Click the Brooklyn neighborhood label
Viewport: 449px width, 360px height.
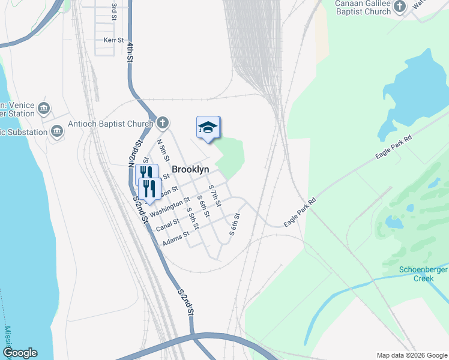click(190, 170)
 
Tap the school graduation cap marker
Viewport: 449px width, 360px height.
click(208, 128)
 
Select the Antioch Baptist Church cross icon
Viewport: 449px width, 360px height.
click(162, 124)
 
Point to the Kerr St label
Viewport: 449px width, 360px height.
click(113, 40)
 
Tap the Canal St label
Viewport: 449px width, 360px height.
click(167, 225)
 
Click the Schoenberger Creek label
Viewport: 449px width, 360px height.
click(424, 274)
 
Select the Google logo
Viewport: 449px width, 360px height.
click(20, 353)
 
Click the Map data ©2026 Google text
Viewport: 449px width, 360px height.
click(412, 355)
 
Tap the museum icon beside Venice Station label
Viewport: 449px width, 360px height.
click(43, 108)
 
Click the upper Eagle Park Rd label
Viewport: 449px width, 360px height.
click(394, 147)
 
